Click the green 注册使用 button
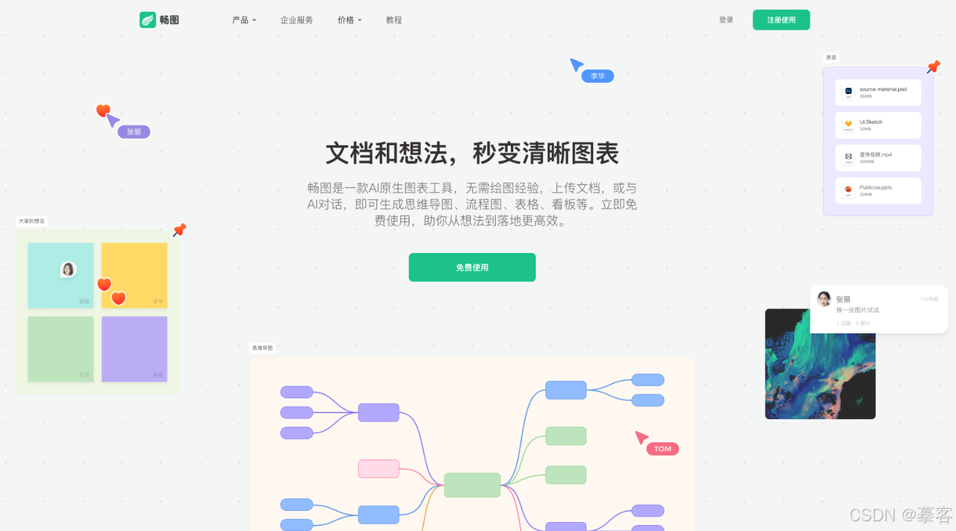pos(780,20)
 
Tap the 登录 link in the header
pos(726,20)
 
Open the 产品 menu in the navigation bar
pos(243,20)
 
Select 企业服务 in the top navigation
pos(297,20)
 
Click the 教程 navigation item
pos(394,20)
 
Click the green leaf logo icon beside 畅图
pos(148,20)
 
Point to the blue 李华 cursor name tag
pos(597,76)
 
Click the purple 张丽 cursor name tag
pos(134,132)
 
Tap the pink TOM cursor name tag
pos(662,449)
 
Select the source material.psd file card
pos(878,93)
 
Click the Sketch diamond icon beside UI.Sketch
pos(848,125)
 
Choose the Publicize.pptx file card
pos(878,190)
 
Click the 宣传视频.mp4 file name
pos(875,155)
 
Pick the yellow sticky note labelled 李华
pos(134,275)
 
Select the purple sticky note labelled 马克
pos(134,349)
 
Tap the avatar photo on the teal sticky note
pos(68,269)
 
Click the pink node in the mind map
pos(379,469)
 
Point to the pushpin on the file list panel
pos(933,67)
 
